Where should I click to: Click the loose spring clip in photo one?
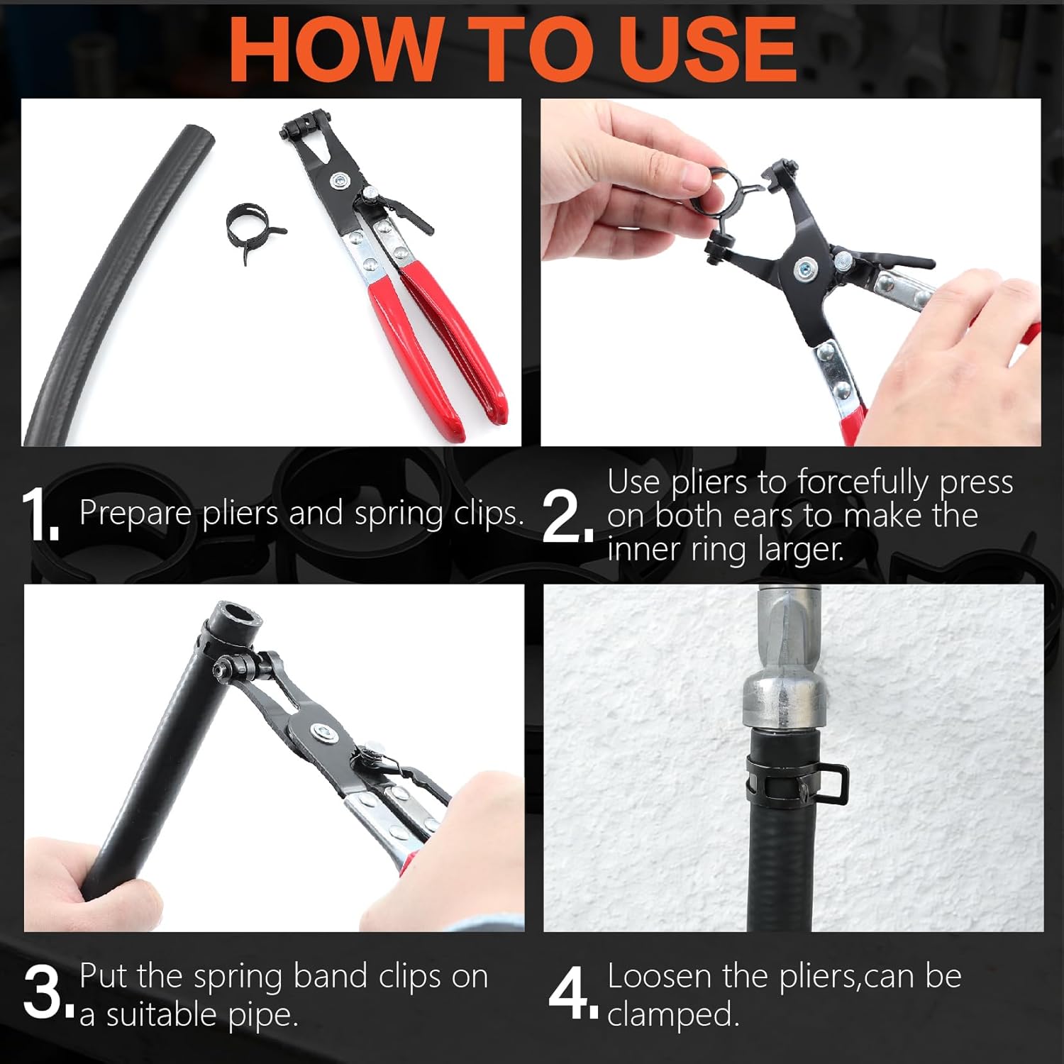pos(254,226)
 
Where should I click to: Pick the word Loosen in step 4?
pos(660,977)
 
